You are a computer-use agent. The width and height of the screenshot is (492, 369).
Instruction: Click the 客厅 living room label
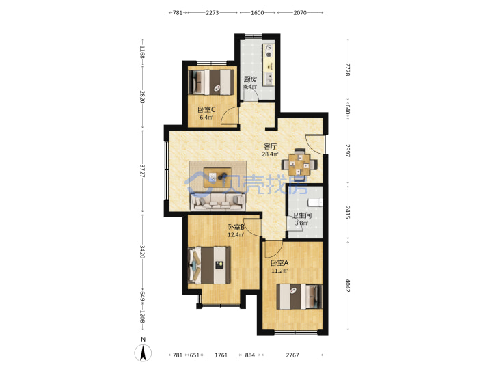click(x=270, y=146)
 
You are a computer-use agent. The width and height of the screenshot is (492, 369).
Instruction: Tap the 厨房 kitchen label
click(x=250, y=79)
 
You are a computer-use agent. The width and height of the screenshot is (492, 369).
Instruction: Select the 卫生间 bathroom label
click(x=301, y=215)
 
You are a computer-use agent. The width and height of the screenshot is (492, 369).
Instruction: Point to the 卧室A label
click(x=279, y=263)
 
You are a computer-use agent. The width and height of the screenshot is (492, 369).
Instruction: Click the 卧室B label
click(x=236, y=227)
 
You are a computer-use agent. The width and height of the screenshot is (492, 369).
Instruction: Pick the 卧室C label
click(x=206, y=110)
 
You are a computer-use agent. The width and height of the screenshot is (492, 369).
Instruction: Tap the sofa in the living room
click(x=217, y=201)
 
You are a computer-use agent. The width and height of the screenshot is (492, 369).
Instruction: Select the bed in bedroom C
click(x=211, y=82)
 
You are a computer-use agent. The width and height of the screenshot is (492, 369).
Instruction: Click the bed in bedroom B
click(x=209, y=265)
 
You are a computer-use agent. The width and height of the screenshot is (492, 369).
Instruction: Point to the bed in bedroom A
click(x=299, y=297)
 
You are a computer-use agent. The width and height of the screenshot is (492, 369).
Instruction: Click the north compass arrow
click(x=143, y=353)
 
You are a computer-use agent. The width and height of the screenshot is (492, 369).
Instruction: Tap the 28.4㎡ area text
click(x=270, y=154)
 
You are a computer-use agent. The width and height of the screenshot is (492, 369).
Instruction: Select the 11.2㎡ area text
click(x=279, y=271)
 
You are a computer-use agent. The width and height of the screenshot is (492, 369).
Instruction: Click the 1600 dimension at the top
click(x=258, y=13)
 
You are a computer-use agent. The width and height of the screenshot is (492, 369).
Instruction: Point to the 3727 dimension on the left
click(x=143, y=171)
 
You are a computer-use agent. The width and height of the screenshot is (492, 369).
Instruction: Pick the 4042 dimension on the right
click(x=348, y=285)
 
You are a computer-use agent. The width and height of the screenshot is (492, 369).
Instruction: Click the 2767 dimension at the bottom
click(x=292, y=355)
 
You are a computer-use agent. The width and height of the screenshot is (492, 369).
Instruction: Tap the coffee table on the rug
click(x=217, y=177)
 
